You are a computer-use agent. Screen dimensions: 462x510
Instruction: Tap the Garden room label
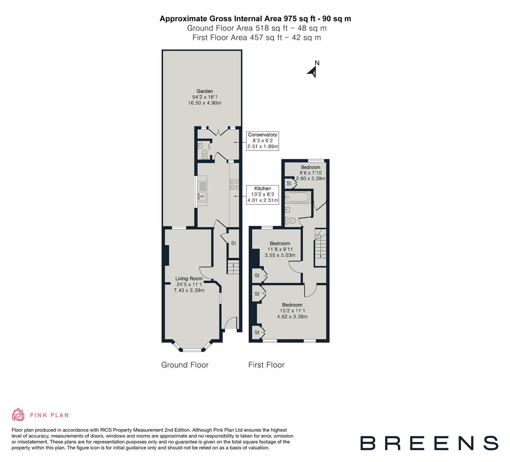pos(205,97)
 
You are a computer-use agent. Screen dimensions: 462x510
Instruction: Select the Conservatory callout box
pos(262,140)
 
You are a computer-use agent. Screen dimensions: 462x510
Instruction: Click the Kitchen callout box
pos(262,194)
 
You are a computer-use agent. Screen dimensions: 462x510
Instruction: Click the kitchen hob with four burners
pos(234,184)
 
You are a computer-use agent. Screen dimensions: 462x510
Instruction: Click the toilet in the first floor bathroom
pos(291,221)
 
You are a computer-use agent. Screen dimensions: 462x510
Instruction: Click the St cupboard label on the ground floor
pos(233,243)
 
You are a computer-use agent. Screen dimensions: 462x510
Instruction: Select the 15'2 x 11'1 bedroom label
pos(292,311)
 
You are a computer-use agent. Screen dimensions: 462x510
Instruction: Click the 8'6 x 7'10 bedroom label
pos(310,173)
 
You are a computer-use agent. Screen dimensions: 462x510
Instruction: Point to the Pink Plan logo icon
pos(18,415)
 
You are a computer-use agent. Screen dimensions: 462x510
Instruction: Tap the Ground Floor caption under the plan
pos(185,365)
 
